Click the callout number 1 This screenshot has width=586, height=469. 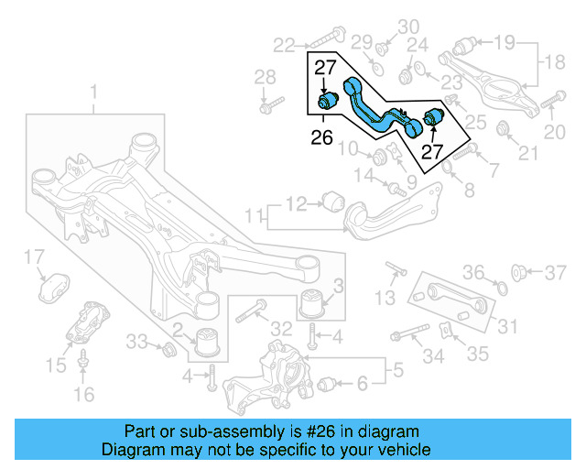tap(92, 92)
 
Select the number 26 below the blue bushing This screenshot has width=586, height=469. tap(321, 138)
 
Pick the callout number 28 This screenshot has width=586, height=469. tap(264, 76)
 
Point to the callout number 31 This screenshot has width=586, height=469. tap(505, 324)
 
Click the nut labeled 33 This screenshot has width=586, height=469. tap(168, 348)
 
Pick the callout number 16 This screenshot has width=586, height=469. tap(83, 395)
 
